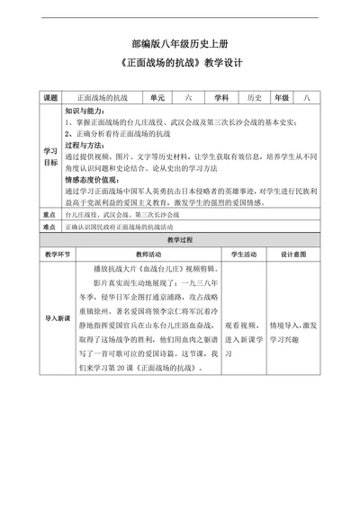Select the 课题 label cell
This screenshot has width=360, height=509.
pyautogui.click(x=51, y=96)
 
